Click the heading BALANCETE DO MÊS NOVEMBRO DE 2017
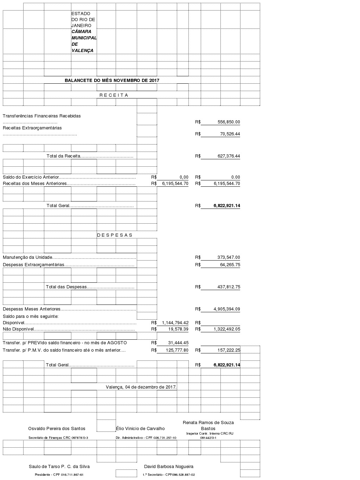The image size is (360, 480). pyautogui.click(x=112, y=80)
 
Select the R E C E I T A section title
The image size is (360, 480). pyautogui.click(x=114, y=95)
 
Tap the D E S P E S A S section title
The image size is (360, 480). pyautogui.click(x=115, y=235)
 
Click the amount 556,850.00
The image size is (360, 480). pyautogui.click(x=229, y=122)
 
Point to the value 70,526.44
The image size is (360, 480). pyautogui.click(x=230, y=134)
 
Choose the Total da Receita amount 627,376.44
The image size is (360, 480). pyautogui.click(x=229, y=156)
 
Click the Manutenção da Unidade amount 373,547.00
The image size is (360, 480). pyautogui.click(x=229, y=257)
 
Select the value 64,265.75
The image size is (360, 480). pyautogui.click(x=230, y=265)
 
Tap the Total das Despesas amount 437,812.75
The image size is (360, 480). pyautogui.click(x=229, y=287)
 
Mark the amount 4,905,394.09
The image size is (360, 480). pyautogui.click(x=227, y=309)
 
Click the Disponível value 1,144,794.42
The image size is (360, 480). pyautogui.click(x=175, y=323)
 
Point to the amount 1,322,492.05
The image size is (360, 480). pyautogui.click(x=227, y=329)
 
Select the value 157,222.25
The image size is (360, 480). pyautogui.click(x=229, y=350)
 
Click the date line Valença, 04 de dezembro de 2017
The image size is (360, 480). pyautogui.click(x=141, y=387)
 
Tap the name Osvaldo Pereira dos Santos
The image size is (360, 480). pyautogui.click(x=57, y=428)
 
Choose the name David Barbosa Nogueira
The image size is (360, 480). pyautogui.click(x=169, y=467)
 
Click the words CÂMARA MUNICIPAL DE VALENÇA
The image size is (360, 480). pyautogui.click(x=84, y=41)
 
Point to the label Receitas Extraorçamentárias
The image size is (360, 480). pyautogui.click(x=32, y=128)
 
